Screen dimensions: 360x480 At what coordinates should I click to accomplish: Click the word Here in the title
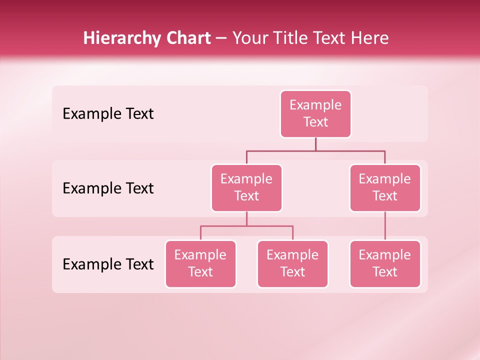point(370,38)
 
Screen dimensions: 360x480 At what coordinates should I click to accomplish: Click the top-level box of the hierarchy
point(315,114)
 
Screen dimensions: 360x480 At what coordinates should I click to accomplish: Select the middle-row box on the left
point(246,188)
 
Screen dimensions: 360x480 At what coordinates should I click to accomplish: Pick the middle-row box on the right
point(385,188)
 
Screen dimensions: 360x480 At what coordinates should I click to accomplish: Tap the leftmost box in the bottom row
point(200,264)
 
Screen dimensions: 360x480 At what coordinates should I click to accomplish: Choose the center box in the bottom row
point(292,264)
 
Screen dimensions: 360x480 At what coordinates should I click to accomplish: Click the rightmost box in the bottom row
point(385,264)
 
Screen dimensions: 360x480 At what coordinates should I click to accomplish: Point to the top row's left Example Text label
point(108,114)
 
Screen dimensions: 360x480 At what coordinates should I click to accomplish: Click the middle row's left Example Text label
point(108,188)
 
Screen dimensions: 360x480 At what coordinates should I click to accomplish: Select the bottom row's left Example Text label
point(108,264)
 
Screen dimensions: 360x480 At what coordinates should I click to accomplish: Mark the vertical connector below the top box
point(315,144)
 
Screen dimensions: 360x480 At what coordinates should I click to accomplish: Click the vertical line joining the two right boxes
point(385,226)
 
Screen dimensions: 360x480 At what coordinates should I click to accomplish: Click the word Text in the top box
point(315,122)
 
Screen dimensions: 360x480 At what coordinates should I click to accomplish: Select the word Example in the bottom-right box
point(385,255)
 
